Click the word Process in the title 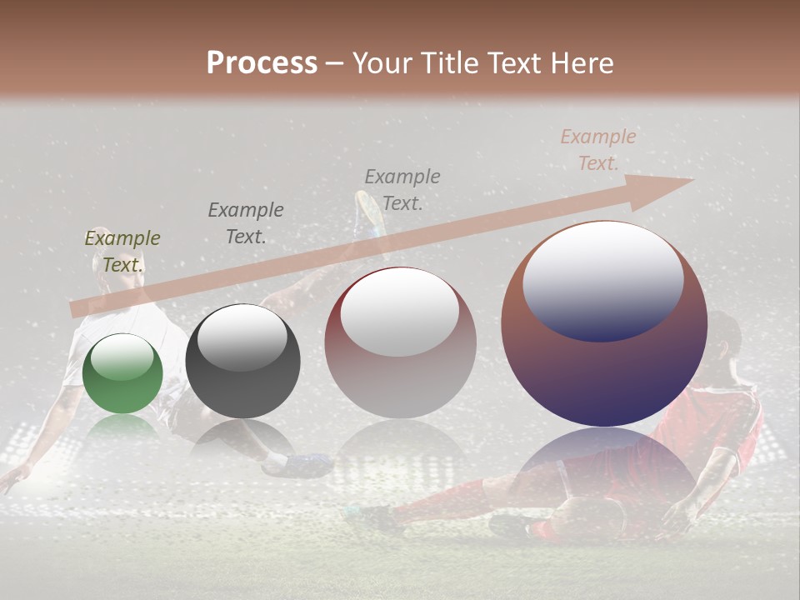coord(262,63)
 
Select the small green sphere coord(122,373)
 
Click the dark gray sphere coord(242,361)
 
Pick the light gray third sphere coord(400,343)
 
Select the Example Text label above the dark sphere coord(245,223)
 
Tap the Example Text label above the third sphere coord(402,189)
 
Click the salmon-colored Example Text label coord(597,150)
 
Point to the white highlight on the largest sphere coord(603,279)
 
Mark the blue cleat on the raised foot coord(369,212)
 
